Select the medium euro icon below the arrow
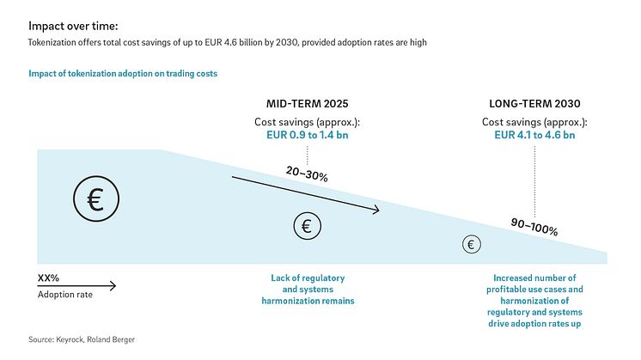click(x=308, y=226)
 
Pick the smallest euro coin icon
click(x=471, y=244)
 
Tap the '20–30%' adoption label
click(x=307, y=174)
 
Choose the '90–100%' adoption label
click(x=534, y=227)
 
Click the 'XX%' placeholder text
click(x=48, y=278)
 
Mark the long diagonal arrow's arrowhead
click(x=375, y=210)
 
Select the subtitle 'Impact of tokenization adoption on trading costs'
click(x=123, y=74)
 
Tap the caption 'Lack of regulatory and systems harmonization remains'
click(x=307, y=290)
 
